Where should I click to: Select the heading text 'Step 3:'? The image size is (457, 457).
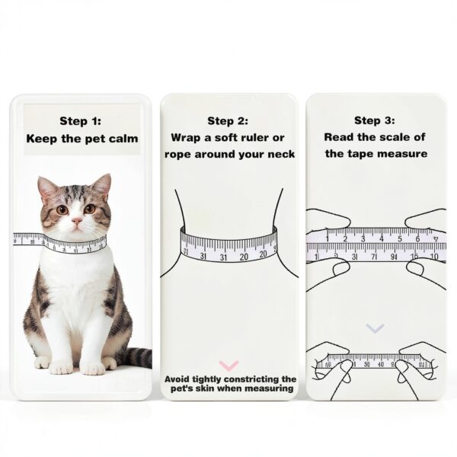(x=376, y=120)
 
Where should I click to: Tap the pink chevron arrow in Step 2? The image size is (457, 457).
(x=228, y=366)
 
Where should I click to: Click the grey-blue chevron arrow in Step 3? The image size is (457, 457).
(x=375, y=328)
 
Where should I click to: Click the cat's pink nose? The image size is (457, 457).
(x=75, y=221)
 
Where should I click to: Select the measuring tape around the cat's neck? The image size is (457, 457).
(x=61, y=243)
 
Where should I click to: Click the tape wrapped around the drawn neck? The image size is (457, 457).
(x=228, y=244)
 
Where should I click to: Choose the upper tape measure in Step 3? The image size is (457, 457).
(x=376, y=244)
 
